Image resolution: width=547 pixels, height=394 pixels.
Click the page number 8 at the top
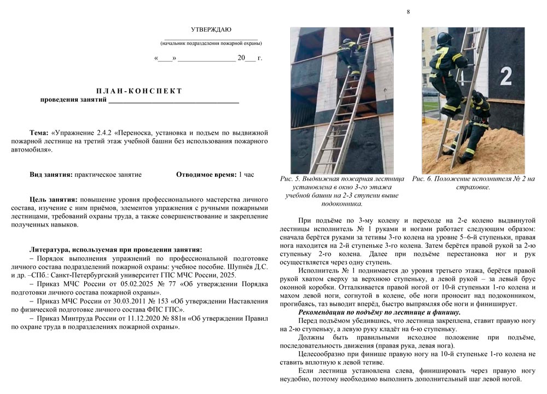pyautogui.click(x=408, y=12)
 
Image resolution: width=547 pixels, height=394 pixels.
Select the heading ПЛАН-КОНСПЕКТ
pyautogui.click(x=139, y=91)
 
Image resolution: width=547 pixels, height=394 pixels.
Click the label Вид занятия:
pyautogui.click(x=51, y=175)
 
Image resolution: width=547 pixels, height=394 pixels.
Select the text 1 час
pyautogui.click(x=246, y=175)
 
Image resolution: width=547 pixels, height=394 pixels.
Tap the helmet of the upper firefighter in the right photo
pyautogui.click(x=444, y=39)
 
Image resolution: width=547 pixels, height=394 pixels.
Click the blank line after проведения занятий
pyautogui.click(x=173, y=100)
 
